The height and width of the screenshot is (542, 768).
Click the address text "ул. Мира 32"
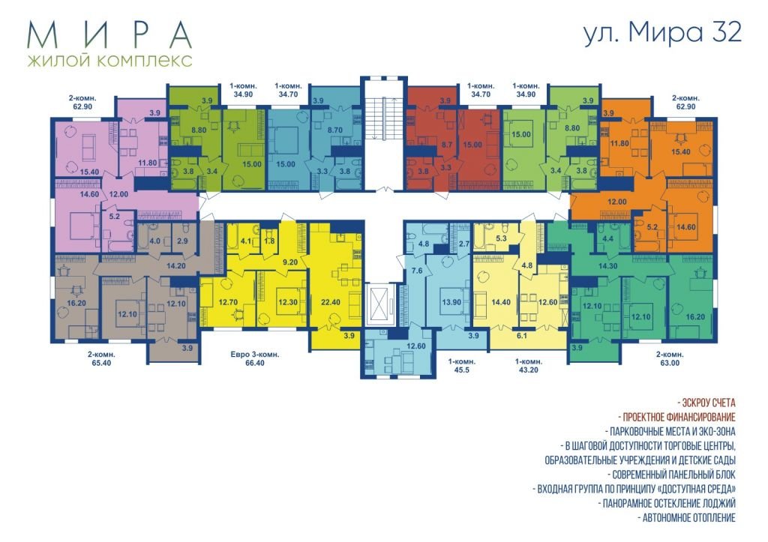pyautogui.click(x=663, y=33)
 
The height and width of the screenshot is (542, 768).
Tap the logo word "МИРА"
pyautogui.click(x=109, y=34)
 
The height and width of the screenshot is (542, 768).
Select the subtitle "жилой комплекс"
pyautogui.click(x=110, y=61)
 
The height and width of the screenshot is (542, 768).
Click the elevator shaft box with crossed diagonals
pyautogui.click(x=380, y=304)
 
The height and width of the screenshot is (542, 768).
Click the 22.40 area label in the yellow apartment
pyautogui.click(x=330, y=302)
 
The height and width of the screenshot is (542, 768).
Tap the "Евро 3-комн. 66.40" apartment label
pyautogui.click(x=255, y=358)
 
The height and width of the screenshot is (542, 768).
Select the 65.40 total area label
pyautogui.click(x=101, y=363)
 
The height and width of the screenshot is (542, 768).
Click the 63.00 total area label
pyautogui.click(x=670, y=363)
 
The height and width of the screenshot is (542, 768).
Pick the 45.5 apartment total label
pyautogui.click(x=461, y=370)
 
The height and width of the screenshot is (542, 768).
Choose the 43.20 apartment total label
pyautogui.click(x=528, y=370)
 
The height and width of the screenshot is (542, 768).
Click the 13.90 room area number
pyautogui.click(x=451, y=302)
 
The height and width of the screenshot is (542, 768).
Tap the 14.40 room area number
pyautogui.click(x=500, y=302)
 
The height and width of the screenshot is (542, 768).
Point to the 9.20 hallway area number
pyautogui.click(x=290, y=262)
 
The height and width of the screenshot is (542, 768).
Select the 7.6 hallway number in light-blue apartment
pyautogui.click(x=416, y=271)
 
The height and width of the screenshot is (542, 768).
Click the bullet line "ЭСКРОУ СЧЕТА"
pyautogui.click(x=706, y=403)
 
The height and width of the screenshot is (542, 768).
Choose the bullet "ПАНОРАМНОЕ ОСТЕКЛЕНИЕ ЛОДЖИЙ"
pyautogui.click(x=667, y=503)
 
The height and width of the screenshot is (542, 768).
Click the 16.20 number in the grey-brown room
pyautogui.click(x=76, y=303)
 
